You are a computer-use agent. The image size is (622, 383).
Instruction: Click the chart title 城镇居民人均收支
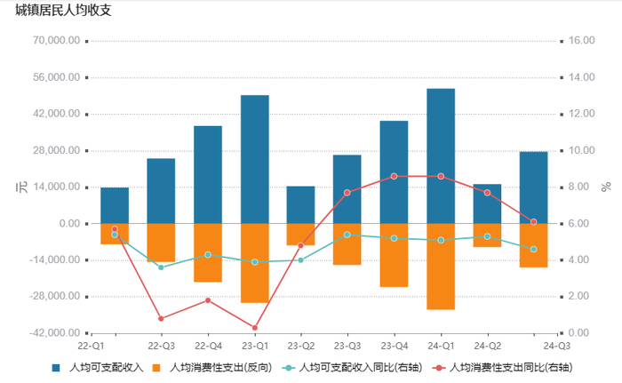(63, 12)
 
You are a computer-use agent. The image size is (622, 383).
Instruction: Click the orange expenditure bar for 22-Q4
(208, 252)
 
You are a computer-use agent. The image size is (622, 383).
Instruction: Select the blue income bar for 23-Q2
(300, 204)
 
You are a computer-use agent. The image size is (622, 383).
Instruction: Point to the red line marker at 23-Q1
(254, 328)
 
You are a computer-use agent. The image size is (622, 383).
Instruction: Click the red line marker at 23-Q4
(394, 176)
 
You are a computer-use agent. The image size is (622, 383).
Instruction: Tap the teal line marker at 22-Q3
(161, 267)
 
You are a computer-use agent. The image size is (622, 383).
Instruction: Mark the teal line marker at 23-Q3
(347, 235)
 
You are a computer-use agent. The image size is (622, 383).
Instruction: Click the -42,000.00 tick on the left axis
(55, 332)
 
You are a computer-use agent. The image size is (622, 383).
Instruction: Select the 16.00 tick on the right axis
(581, 41)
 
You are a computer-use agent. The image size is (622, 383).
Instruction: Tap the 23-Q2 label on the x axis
(300, 346)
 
